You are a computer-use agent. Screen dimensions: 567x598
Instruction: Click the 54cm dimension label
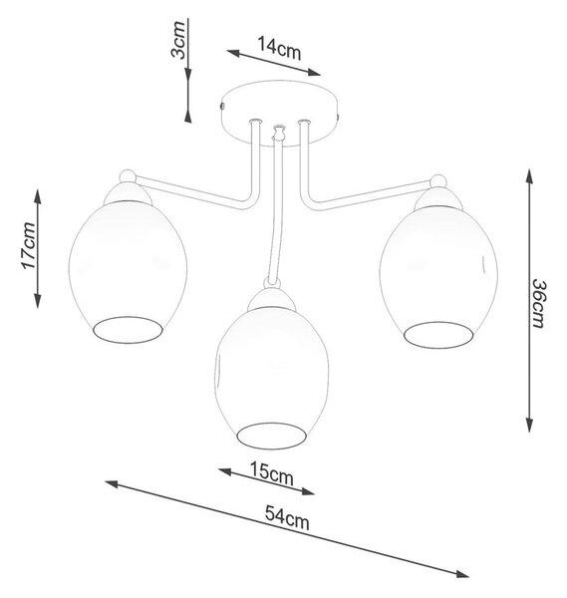[287, 518]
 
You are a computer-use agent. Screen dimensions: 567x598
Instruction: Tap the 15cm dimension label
[271, 473]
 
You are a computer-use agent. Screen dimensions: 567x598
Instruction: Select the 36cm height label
[540, 303]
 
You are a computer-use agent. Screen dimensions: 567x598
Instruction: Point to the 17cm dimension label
[29, 245]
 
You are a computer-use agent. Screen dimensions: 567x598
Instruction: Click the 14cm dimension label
[279, 48]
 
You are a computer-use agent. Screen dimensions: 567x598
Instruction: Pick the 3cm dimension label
[178, 40]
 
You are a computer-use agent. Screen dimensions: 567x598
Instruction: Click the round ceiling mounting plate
[279, 114]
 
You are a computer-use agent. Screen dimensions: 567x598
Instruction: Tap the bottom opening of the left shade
[129, 330]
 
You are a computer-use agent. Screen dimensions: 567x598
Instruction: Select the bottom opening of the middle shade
[271, 436]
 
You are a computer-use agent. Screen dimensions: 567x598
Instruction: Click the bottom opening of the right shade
[438, 335]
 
